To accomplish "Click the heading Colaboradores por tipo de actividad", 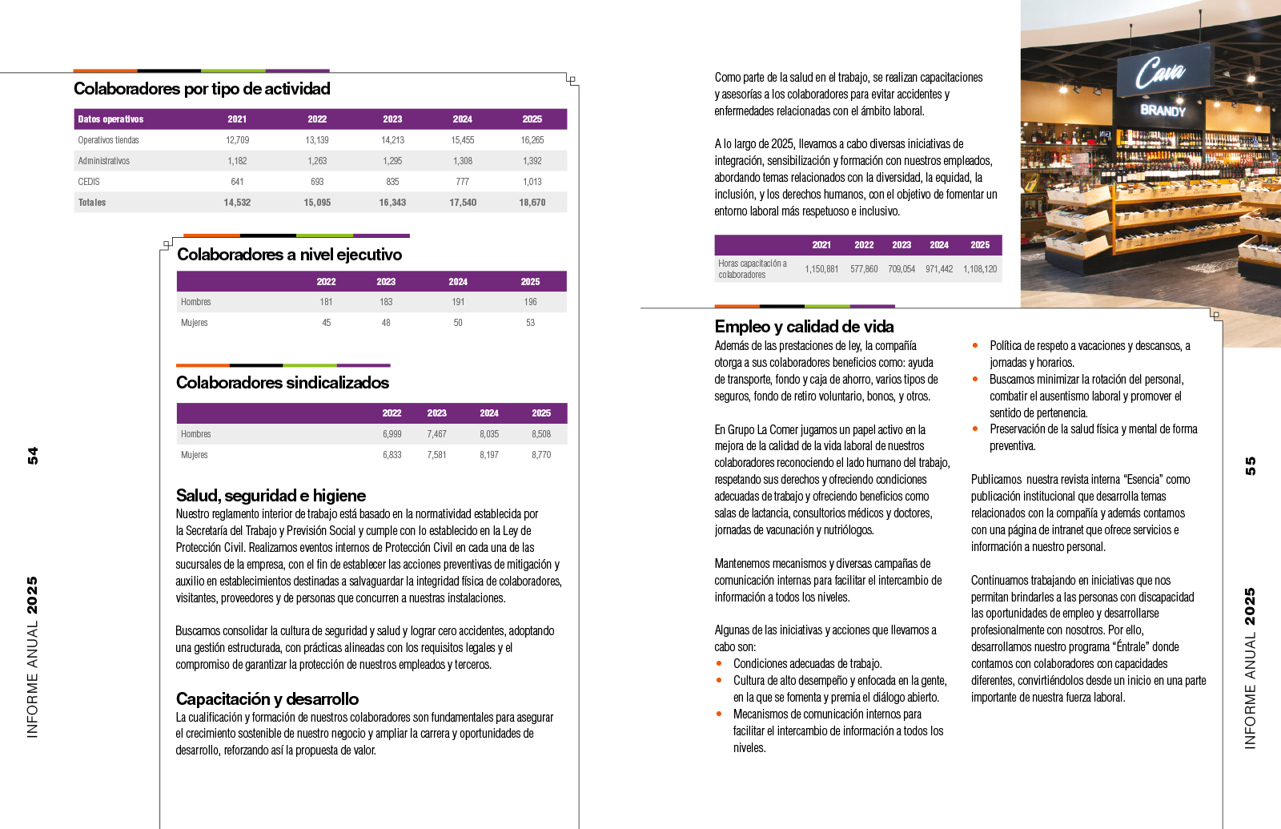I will coord(202,89).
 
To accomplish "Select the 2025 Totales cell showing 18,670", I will coord(532,203).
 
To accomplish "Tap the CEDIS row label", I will coord(89,182).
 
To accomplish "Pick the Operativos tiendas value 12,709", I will coord(237,140).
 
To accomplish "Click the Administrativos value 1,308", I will coord(462,161).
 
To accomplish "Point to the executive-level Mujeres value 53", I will coord(530,323).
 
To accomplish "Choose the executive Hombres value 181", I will coord(326,302).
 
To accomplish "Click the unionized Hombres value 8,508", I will coord(541,434).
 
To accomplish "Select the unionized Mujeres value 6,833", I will coord(392,455).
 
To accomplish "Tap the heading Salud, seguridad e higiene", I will coord(271,496).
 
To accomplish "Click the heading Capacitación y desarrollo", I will coord(267,699).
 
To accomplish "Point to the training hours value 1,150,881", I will coord(821,269).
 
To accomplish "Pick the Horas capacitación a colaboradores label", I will coord(752,269).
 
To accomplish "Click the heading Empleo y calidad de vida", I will coord(804,327).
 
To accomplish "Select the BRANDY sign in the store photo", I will coord(1163,111).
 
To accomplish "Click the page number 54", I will coord(33,456).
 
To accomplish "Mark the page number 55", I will coord(1250,465).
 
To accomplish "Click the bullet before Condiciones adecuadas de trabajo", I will coord(719,663).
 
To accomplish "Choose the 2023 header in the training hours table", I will coord(902,245).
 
